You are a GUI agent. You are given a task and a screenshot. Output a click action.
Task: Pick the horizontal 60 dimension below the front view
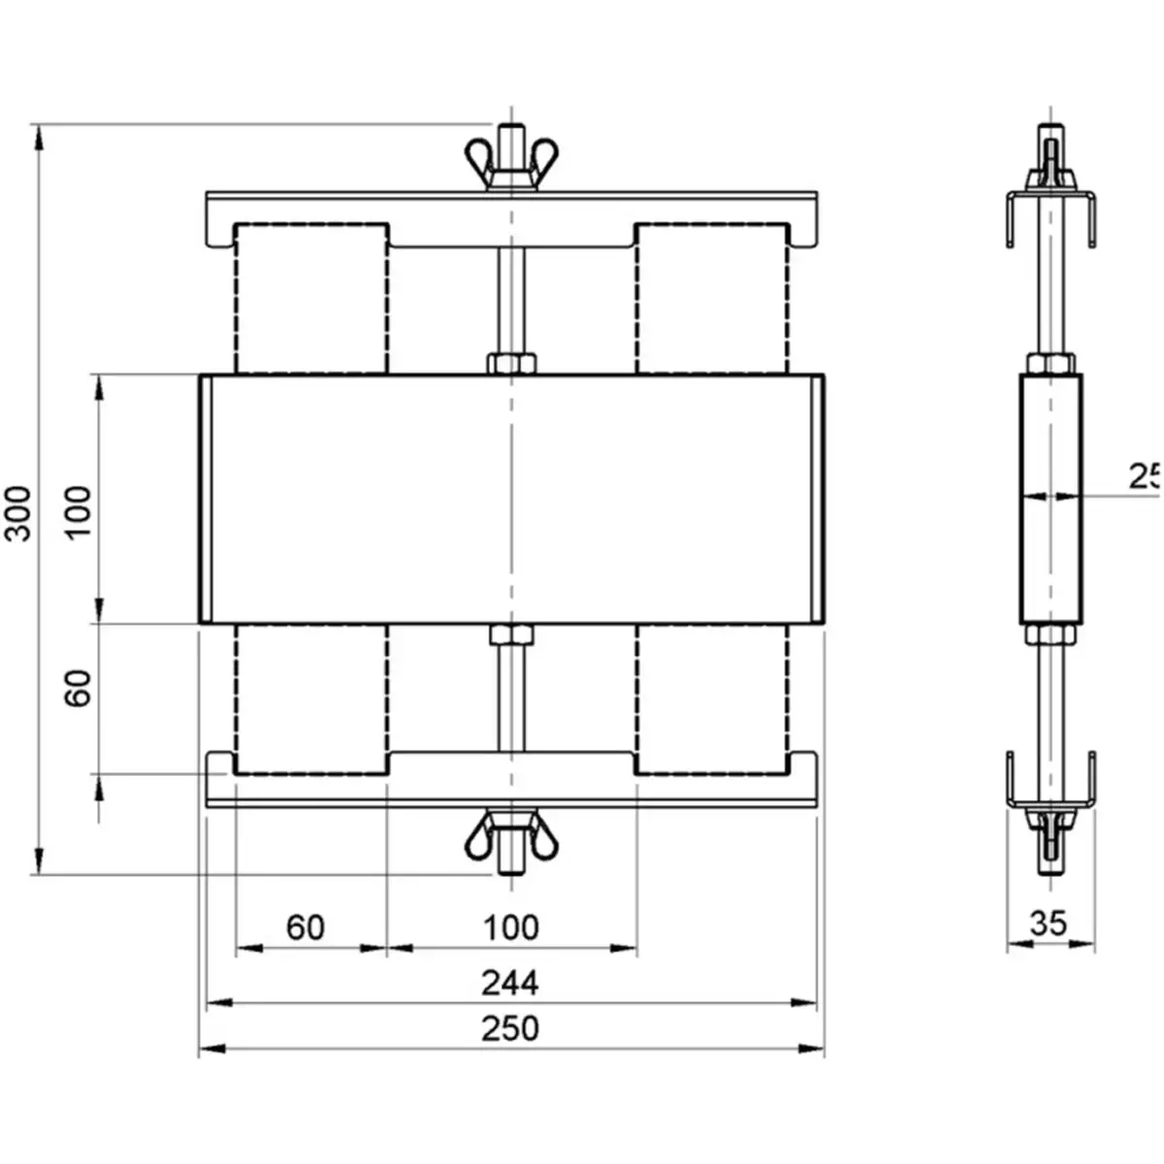(306, 927)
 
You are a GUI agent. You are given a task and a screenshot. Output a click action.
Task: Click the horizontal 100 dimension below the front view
(511, 927)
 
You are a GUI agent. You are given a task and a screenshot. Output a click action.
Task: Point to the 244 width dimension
(511, 983)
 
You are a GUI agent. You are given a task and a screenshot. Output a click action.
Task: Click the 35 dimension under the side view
(1049, 922)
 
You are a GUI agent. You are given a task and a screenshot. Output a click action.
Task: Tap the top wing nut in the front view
(511, 160)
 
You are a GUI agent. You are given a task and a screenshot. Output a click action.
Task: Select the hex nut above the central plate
(511, 364)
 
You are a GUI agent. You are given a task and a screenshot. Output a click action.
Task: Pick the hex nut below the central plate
(511, 635)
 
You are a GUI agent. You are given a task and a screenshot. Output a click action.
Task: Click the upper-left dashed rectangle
(311, 299)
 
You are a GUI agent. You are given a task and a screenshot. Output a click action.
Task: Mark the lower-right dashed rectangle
(712, 698)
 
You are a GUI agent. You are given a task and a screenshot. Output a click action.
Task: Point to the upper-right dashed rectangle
(712, 299)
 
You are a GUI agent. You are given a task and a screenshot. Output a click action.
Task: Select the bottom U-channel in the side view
(1050, 782)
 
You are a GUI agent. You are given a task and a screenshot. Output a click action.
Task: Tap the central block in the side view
(1050, 500)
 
